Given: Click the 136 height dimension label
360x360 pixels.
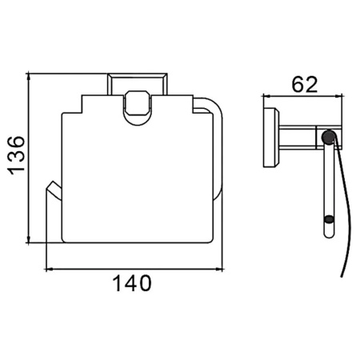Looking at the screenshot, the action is [16, 156].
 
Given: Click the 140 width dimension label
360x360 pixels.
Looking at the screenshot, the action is [132, 283].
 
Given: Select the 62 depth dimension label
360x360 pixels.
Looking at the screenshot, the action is [305, 85].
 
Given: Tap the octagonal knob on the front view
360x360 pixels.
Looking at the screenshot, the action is [137, 102].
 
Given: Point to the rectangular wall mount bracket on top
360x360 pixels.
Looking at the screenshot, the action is [138, 84].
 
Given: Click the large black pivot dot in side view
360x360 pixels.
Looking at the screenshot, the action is [328, 137].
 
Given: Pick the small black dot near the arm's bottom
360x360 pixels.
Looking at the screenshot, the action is [329, 220].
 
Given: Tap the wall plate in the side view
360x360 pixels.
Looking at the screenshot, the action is [271, 138].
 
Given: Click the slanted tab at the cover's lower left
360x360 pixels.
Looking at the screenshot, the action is [54, 190].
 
